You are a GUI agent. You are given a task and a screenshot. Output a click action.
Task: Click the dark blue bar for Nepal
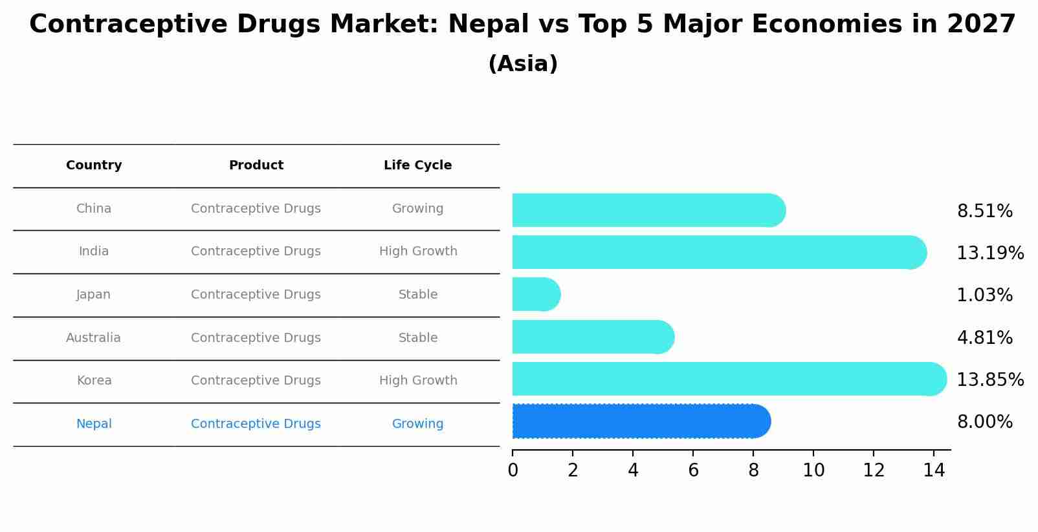tap(641, 421)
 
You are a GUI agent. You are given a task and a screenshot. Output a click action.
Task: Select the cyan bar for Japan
tap(536, 295)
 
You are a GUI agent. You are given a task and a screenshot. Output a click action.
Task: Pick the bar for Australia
tap(593, 337)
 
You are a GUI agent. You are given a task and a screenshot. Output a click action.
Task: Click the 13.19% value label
tap(989, 253)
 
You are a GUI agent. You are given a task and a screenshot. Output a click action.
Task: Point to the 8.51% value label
tap(984, 211)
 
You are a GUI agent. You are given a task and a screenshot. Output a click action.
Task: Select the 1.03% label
tap(984, 295)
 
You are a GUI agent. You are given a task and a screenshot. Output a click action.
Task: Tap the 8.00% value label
tap(984, 422)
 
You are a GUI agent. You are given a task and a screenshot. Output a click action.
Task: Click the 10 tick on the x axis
tap(813, 471)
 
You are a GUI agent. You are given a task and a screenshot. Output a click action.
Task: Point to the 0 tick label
tap(513, 471)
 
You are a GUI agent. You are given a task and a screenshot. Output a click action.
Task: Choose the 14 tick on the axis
tap(934, 471)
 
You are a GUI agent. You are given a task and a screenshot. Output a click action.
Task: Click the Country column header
tap(94, 165)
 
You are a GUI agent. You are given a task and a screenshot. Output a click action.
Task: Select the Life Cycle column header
tap(417, 165)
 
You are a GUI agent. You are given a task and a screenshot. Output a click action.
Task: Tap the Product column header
tap(256, 165)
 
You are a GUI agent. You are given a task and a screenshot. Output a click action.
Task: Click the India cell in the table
tap(94, 251)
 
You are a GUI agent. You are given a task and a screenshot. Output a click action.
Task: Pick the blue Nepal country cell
tap(94, 424)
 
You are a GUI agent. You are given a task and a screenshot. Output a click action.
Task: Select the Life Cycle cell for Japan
tap(418, 295)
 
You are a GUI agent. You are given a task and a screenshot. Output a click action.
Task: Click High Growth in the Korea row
tap(418, 381)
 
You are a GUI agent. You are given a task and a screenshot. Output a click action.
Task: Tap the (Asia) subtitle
tap(522, 64)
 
